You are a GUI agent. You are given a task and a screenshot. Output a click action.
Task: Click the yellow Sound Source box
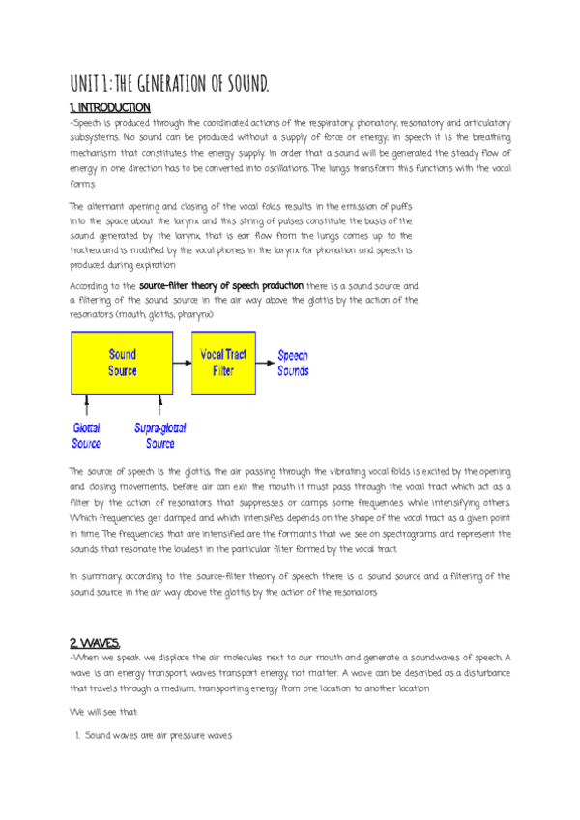click(x=122, y=363)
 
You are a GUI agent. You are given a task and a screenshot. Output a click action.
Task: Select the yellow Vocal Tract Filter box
click(x=223, y=363)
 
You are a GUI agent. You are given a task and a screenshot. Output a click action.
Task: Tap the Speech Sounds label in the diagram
click(x=293, y=363)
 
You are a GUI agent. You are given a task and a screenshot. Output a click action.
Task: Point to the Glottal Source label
click(x=86, y=435)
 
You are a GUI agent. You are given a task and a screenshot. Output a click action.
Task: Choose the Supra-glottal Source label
click(x=160, y=435)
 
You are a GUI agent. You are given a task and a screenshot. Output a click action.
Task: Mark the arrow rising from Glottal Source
click(x=87, y=405)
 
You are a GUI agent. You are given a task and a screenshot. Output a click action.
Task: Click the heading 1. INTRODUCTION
click(x=109, y=107)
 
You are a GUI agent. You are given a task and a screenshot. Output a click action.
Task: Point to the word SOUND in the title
click(x=246, y=83)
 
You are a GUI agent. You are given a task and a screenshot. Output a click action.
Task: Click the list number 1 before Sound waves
click(x=76, y=736)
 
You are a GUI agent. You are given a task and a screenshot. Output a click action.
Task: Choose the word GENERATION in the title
click(x=177, y=83)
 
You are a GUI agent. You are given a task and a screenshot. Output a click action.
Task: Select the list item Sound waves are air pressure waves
click(x=159, y=736)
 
